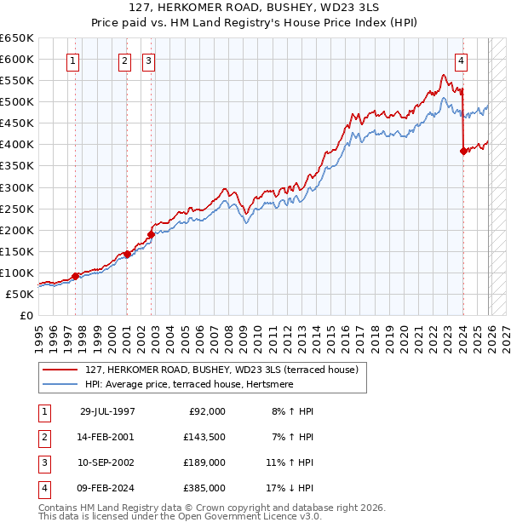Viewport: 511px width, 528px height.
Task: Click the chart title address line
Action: click(255, 9)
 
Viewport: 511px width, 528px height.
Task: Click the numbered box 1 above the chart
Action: click(73, 60)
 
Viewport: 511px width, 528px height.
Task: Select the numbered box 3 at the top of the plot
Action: click(148, 60)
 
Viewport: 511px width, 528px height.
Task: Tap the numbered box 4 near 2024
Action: click(461, 60)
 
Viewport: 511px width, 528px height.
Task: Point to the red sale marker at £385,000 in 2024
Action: click(463, 151)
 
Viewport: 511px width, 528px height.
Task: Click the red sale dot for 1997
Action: click(75, 275)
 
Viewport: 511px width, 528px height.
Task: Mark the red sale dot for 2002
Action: click(151, 234)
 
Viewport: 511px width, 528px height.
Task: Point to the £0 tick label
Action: click(25, 315)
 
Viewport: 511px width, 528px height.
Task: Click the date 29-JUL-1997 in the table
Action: click(107, 411)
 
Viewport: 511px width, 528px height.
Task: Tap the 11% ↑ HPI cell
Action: click(290, 462)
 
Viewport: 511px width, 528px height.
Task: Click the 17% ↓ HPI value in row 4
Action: click(290, 488)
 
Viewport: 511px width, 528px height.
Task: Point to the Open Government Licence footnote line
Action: click(180, 517)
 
